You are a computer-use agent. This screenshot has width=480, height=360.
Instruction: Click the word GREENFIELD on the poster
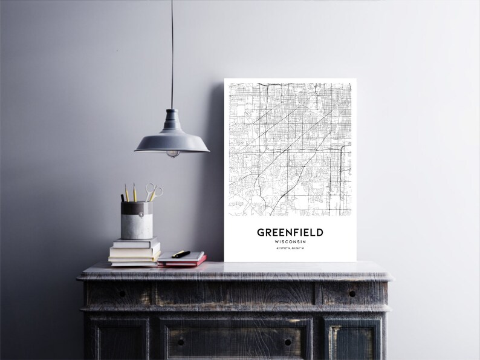point(290,232)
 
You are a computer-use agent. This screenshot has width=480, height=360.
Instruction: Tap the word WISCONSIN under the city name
point(290,242)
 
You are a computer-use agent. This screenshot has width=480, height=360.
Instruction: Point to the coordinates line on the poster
point(290,249)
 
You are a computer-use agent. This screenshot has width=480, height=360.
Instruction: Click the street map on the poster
point(290,148)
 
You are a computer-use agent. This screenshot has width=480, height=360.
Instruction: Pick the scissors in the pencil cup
point(155,192)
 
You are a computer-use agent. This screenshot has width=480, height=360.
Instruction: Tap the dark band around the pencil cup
point(137,209)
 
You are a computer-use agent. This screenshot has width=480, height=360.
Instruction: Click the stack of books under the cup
point(134,253)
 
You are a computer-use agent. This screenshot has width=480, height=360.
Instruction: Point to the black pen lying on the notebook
point(181,254)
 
